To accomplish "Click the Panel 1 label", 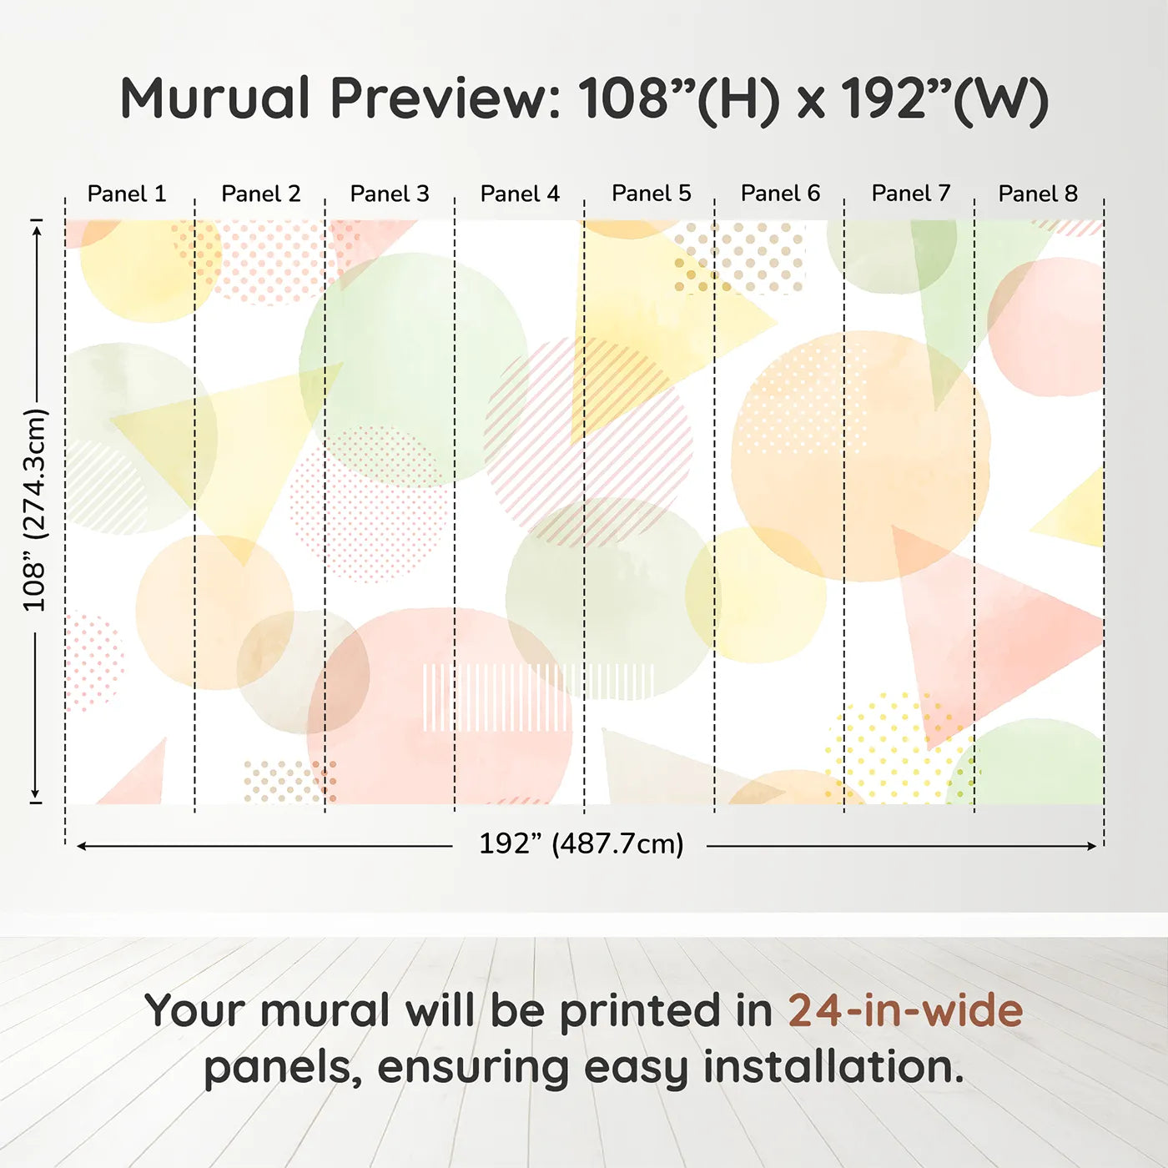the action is coord(127,194).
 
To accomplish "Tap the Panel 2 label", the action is coord(260,194).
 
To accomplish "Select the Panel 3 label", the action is coord(390,194).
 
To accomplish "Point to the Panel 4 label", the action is coord(520,194).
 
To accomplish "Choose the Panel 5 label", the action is coord(651,194).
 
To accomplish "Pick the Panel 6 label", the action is coord(780,194).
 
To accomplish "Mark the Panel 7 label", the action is coord(910,194).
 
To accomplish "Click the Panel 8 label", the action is coord(1039,194).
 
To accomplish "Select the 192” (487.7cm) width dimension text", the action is coord(581,843).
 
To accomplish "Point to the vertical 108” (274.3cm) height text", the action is coord(34,510).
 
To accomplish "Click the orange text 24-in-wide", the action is coord(905,1010).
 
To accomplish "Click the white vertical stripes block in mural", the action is coord(538,697).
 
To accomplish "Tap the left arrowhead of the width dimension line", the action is coord(81,846).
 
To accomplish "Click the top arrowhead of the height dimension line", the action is coord(38,232).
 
